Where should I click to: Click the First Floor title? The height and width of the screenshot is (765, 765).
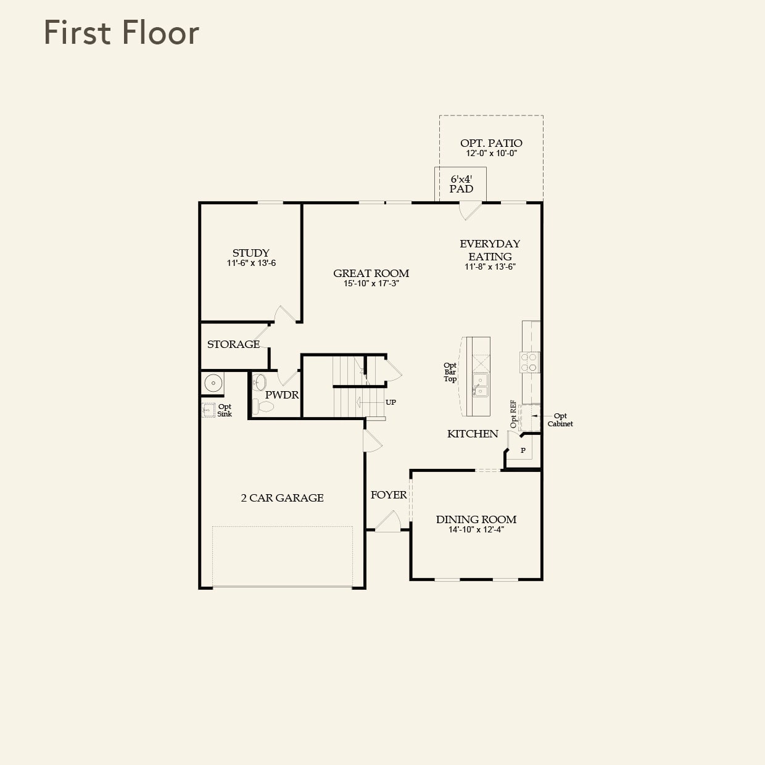pos(122,33)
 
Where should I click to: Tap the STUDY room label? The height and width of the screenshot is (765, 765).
pos(250,253)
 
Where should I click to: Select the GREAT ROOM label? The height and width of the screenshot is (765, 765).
pos(371,273)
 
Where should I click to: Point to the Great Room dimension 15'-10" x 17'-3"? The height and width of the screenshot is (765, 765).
pos(371,284)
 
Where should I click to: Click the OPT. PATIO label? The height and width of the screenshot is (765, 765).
pos(491,143)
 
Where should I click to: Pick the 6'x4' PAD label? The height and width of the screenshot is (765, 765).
pos(461,184)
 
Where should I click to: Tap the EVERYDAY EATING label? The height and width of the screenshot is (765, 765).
pos(490,250)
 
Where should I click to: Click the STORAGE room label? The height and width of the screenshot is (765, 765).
pos(233,344)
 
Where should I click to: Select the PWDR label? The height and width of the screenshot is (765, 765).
pos(282,395)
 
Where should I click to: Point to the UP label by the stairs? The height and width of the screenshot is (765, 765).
pos(391,402)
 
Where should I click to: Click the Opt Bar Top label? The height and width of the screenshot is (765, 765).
pos(450,372)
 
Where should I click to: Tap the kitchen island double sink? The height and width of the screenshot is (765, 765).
pos(479,385)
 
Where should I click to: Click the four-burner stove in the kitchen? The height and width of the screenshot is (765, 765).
pos(529,362)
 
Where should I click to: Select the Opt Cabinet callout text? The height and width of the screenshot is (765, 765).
pos(560,420)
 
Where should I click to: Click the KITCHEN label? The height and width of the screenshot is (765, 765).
pos(473,434)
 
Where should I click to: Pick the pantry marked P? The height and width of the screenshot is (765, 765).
pos(523,451)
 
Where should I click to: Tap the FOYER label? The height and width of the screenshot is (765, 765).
pos(389,495)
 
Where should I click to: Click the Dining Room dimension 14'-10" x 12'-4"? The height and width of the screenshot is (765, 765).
pos(476,529)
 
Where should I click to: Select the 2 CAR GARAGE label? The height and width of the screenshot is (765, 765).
pos(282,498)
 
